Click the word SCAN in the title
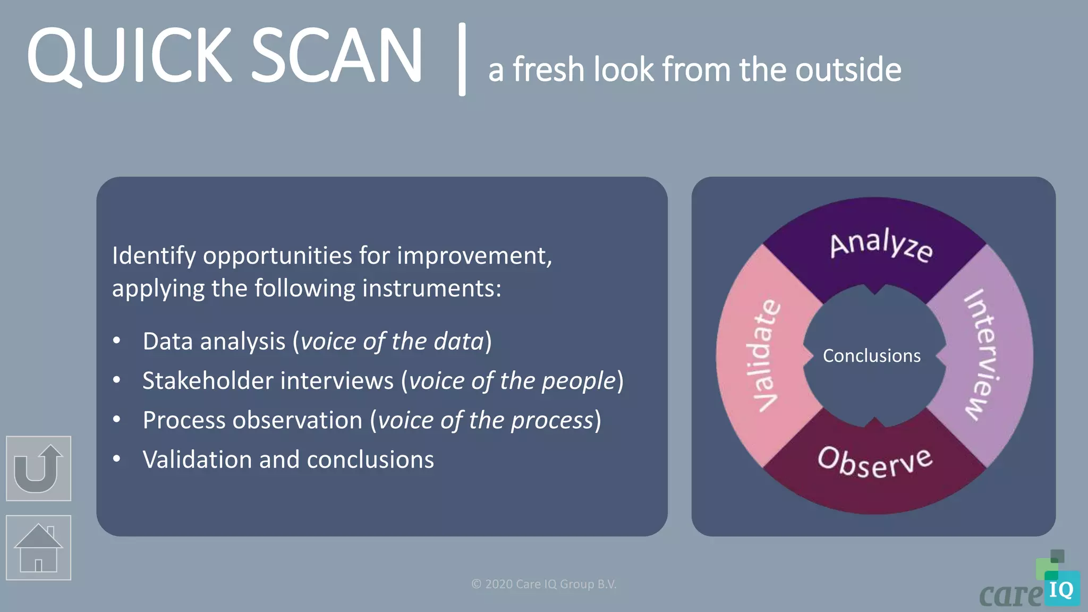[336, 56]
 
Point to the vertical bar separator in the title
[462, 59]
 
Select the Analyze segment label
[881, 246]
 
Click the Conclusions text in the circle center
[871, 356]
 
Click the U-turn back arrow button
[38, 469]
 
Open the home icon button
[38, 548]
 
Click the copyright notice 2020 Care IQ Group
[543, 584]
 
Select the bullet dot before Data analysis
[117, 341]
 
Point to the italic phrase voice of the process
[486, 420]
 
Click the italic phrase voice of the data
[392, 342]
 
